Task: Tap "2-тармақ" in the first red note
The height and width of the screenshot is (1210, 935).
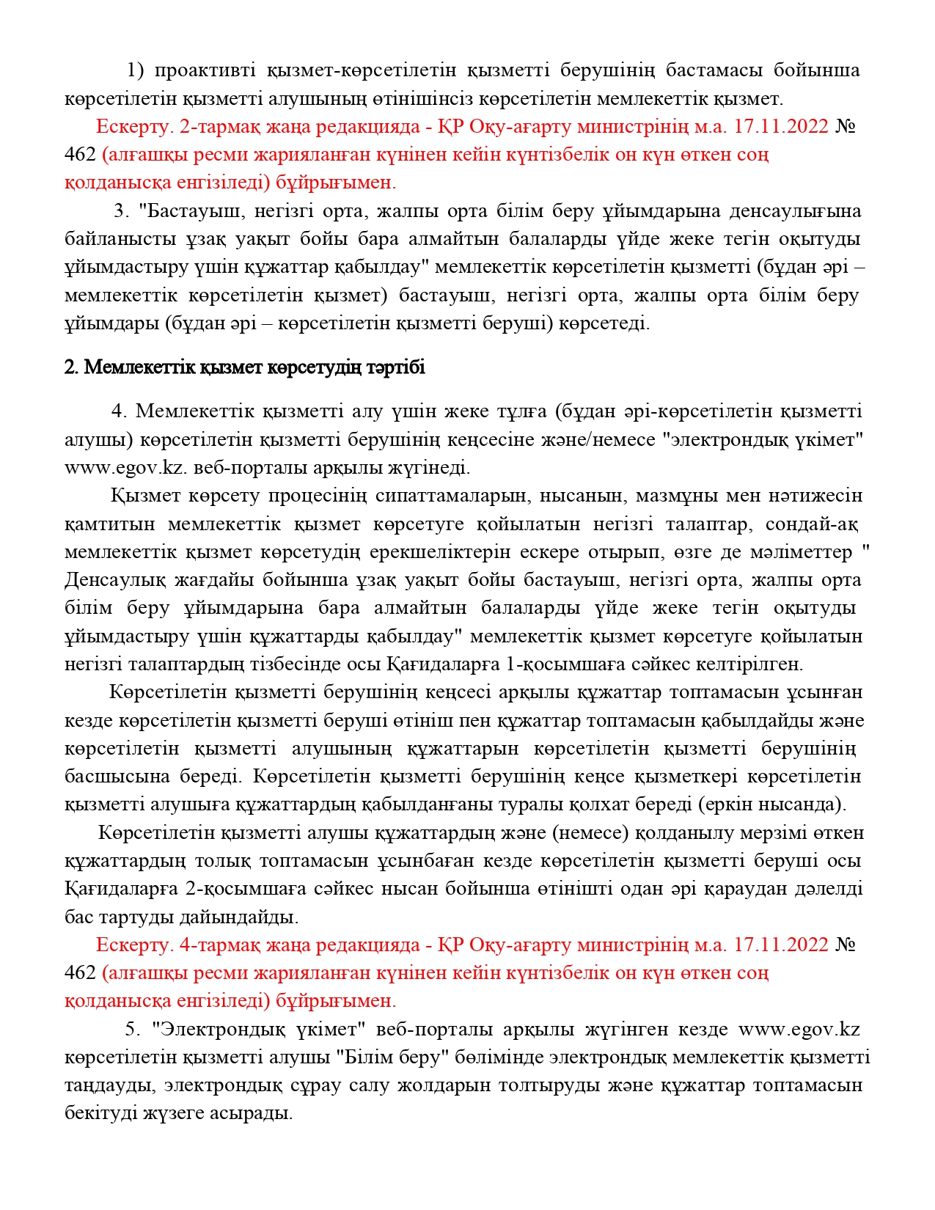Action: pos(216,127)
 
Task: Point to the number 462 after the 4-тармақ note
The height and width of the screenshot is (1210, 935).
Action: pos(80,972)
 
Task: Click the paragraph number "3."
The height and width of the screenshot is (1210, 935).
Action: pos(122,211)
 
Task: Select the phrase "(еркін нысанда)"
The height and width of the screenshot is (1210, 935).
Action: pos(772,804)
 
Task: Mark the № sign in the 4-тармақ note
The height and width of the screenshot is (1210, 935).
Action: pos(845,945)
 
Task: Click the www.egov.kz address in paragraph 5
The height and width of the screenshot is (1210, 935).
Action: pos(799,1029)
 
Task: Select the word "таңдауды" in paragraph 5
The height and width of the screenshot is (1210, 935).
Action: pos(109,1085)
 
